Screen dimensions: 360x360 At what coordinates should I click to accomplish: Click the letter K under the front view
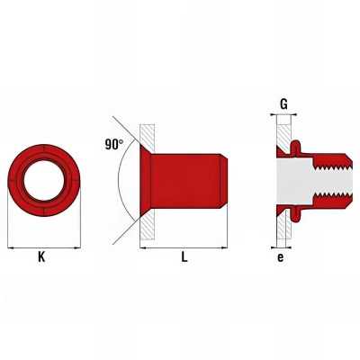click(x=41, y=257)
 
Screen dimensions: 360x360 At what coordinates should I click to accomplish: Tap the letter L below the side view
click(x=184, y=257)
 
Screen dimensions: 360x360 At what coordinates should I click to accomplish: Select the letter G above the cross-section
click(x=283, y=103)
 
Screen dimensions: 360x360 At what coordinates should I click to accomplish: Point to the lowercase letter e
click(x=282, y=257)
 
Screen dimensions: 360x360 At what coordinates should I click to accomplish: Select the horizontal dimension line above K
click(x=41, y=245)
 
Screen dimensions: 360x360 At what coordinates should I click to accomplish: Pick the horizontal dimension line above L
click(x=184, y=245)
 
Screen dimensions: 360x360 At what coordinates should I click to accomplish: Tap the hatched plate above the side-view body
click(x=148, y=134)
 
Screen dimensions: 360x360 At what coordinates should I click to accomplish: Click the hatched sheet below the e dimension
click(x=282, y=229)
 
